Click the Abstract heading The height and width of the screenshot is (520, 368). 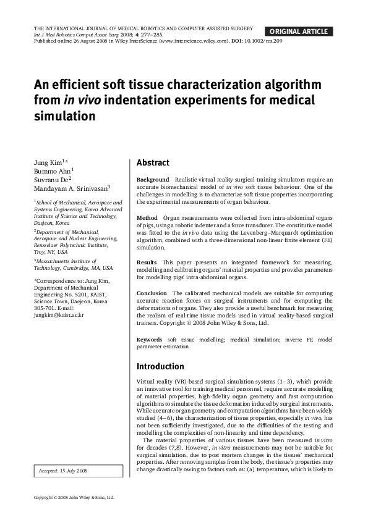153,163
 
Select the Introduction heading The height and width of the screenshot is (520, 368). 160,366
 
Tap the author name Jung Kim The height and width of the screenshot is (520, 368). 48,162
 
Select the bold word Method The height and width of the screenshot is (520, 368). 147,218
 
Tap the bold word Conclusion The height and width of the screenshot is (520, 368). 152,293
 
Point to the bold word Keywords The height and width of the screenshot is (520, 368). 150,340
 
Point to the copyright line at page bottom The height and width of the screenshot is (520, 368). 74,497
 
